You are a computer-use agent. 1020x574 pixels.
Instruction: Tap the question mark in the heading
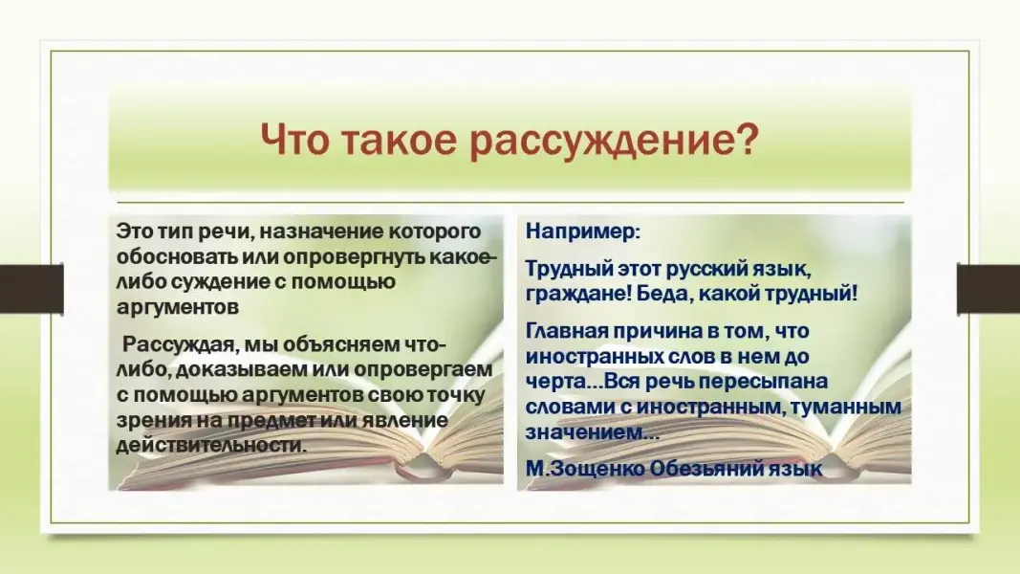pos(748,137)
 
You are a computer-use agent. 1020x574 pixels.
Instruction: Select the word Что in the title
pos(294,138)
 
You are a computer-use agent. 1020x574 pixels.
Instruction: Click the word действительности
pos(210,445)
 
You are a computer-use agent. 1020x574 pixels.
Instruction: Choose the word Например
pos(582,231)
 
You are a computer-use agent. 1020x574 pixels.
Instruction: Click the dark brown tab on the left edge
pos(32,288)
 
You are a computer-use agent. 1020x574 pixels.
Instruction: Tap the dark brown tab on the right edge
pos(988,288)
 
